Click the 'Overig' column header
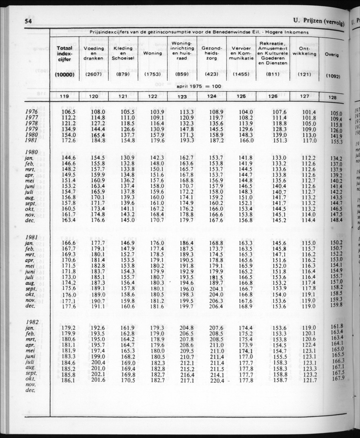pyautogui.click(x=332, y=55)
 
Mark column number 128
pyautogui.click(x=332, y=97)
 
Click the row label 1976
pyautogui.click(x=32, y=111)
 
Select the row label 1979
pyautogui.click(x=32, y=129)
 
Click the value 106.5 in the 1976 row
pyautogui.click(x=68, y=111)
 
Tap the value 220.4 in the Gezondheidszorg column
pyautogui.click(x=216, y=380)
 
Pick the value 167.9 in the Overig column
pyautogui.click(x=337, y=379)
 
